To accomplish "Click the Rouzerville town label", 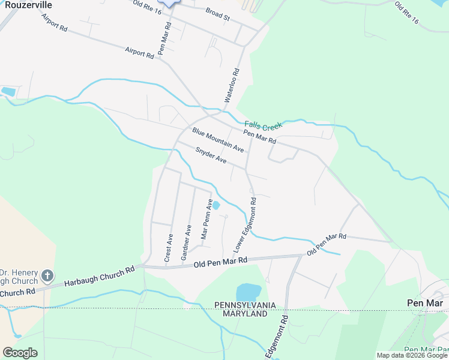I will [x=26, y=5].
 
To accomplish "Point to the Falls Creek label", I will [x=263, y=127].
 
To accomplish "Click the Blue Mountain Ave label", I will [x=218, y=139].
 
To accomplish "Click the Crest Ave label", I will [x=169, y=248].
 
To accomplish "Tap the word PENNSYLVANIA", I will [x=245, y=305].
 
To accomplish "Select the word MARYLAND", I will [x=245, y=314].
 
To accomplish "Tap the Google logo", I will [x=20, y=353].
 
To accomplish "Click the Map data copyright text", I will [x=412, y=355].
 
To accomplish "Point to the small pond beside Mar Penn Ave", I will [x=216, y=205].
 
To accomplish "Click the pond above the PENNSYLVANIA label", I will [x=247, y=292].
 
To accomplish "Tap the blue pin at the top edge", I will [x=170, y=2].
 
